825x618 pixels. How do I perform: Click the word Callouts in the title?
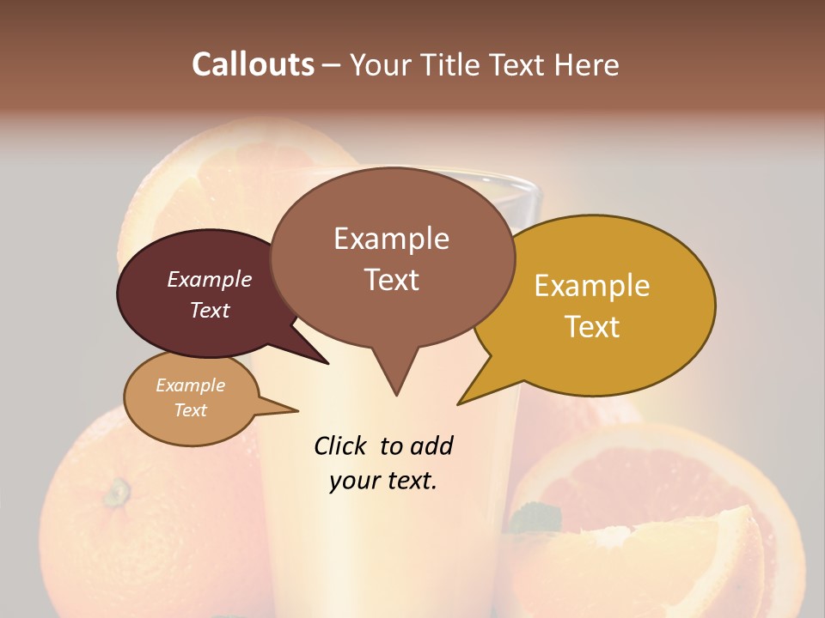pyautogui.click(x=253, y=64)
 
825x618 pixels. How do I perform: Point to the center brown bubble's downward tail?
pyautogui.click(x=395, y=378)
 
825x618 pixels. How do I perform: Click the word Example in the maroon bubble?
pyautogui.click(x=209, y=280)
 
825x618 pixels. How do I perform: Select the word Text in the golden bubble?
pyautogui.click(x=593, y=327)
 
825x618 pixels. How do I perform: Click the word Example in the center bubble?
pyautogui.click(x=391, y=239)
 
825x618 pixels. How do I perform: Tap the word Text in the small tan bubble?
pyautogui.click(x=190, y=410)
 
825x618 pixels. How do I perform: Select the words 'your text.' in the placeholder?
pyautogui.click(x=383, y=481)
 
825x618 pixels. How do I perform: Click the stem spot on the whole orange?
pyautogui.click(x=116, y=493)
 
